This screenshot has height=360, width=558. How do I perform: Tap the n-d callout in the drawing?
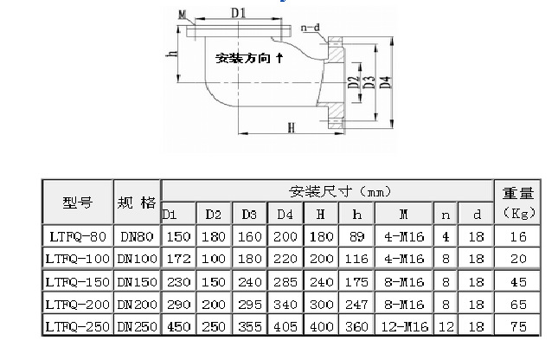coord(311,28)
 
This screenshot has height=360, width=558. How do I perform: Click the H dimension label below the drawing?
coord(291,128)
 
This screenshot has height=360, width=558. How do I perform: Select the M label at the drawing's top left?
coord(182,14)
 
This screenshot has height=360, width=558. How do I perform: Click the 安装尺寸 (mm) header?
coord(327,190)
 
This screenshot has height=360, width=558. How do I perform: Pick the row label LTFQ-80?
coord(77,235)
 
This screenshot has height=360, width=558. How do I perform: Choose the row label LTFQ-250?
coord(77,326)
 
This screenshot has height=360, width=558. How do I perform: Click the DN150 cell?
coord(137,281)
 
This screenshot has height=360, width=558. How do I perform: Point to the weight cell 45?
coord(518,281)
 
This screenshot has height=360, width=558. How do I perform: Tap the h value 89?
coord(356,235)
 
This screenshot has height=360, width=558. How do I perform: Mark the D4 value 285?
coord(285,281)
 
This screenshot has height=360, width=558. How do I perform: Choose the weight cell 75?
coord(518,326)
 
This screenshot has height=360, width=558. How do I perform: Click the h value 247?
coord(356,304)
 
